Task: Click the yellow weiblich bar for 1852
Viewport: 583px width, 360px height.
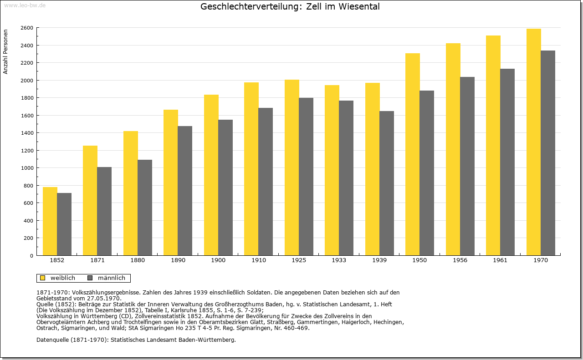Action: (x=50, y=221)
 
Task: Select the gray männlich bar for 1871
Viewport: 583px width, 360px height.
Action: (x=104, y=211)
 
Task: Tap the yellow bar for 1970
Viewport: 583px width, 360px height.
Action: (x=533, y=142)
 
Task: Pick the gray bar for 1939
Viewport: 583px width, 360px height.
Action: (x=387, y=183)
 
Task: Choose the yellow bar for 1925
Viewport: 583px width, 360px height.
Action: (x=292, y=167)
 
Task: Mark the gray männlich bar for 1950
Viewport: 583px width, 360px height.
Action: (x=427, y=173)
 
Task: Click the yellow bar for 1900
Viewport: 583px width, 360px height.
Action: (x=211, y=175)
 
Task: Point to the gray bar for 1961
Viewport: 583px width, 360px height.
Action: (x=507, y=162)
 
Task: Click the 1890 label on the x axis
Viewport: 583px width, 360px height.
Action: (x=178, y=260)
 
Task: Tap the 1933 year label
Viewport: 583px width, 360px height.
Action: (x=339, y=260)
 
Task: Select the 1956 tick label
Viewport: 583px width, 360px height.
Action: (x=460, y=260)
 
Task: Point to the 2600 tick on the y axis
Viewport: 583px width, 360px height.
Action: (x=27, y=28)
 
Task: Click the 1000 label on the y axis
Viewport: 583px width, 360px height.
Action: (x=27, y=168)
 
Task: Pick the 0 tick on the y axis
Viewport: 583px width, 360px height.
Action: (x=31, y=256)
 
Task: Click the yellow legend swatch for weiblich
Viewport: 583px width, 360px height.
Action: (x=43, y=278)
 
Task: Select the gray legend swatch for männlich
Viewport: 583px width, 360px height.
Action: (x=90, y=278)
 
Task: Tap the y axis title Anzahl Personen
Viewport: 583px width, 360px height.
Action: (x=5, y=52)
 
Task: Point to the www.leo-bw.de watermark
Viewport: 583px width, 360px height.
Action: (x=25, y=5)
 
